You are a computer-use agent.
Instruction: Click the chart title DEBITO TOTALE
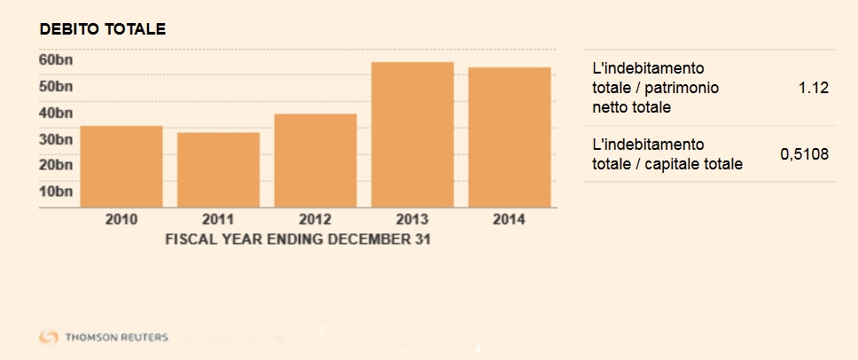coord(103,28)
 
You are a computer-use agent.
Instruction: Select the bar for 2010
coord(121,167)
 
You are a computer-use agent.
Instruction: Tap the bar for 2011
coord(218,169)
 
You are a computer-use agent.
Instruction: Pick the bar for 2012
coord(316,160)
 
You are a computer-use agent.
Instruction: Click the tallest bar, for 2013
coord(412,135)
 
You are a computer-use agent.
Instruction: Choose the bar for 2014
coord(510,137)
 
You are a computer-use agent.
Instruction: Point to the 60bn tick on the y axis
coord(56,59)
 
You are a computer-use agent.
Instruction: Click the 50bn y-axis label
coord(56,86)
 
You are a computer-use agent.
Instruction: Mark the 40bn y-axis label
coord(56,113)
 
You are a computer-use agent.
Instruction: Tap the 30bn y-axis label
coord(56,139)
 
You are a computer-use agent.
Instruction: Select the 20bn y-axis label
coord(56,164)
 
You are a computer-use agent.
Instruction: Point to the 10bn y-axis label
coord(56,191)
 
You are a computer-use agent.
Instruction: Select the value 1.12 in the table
coord(813,88)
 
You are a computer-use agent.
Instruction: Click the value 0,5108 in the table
coord(804,154)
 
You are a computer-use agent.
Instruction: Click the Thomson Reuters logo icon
coord(49,337)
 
